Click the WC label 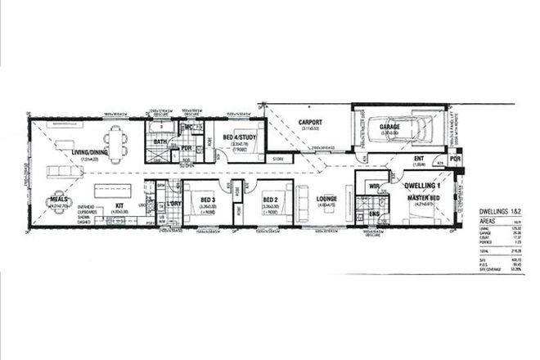point(187,128)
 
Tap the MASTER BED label point(425,199)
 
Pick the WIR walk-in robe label point(376,187)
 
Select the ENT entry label point(418,159)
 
